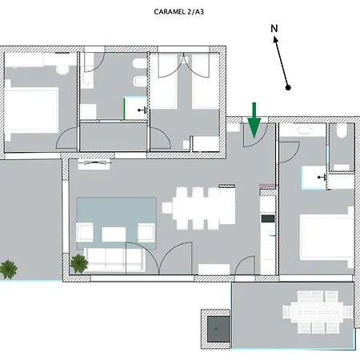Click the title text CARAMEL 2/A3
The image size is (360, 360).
click(x=178, y=12)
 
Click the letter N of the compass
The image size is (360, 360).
click(x=274, y=29)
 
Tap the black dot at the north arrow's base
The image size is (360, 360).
click(x=288, y=87)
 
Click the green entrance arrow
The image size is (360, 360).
click(x=254, y=120)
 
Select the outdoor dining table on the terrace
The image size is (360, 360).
click(x=318, y=312)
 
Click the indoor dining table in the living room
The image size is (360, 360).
click(x=204, y=208)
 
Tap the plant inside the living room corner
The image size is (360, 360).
click(x=79, y=263)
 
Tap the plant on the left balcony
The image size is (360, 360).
click(x=9, y=270)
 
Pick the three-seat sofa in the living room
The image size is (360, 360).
click(x=114, y=260)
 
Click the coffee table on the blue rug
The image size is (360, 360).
click(x=114, y=234)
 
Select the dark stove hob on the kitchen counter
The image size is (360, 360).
click(x=268, y=218)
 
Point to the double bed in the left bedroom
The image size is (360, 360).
click(x=31, y=110)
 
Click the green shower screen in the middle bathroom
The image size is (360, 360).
click(x=124, y=109)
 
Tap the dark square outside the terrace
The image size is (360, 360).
click(x=218, y=329)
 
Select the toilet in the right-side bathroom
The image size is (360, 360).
click(x=342, y=130)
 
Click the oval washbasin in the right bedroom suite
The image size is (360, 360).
click(x=305, y=130)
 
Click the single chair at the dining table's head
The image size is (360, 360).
click(x=167, y=208)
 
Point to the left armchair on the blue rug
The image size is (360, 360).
click(x=85, y=233)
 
